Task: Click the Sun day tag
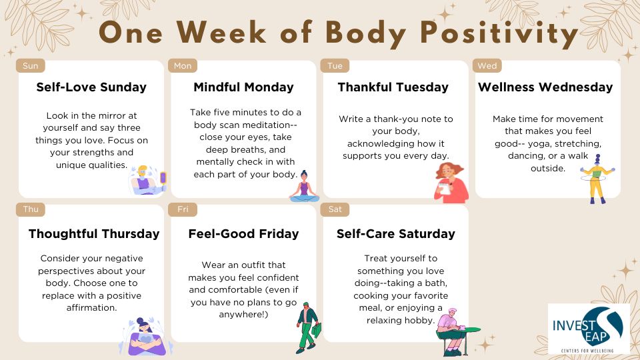[x=30, y=66]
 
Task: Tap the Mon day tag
[x=183, y=66]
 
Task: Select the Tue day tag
[x=335, y=66]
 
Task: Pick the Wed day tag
[x=487, y=66]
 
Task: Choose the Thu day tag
[x=30, y=209]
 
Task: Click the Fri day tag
[x=183, y=209]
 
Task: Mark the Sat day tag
[x=335, y=209]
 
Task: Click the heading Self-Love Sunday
[x=91, y=87]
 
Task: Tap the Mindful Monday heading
[x=244, y=87]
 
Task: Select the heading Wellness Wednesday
[x=545, y=87]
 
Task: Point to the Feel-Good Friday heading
[x=244, y=234]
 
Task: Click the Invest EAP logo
[x=589, y=329]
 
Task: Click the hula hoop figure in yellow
[x=597, y=179]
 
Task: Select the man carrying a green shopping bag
[x=307, y=328]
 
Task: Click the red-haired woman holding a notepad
[x=451, y=183]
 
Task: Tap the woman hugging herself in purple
[x=146, y=337]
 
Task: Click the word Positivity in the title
[x=499, y=33]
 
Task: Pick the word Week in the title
[x=221, y=32]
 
